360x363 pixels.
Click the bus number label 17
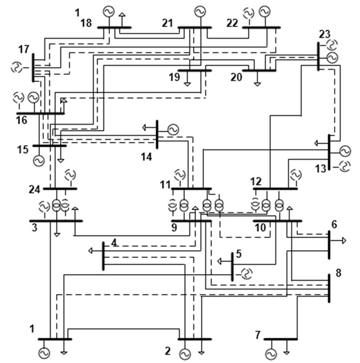click(24, 49)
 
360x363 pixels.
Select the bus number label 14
click(147, 157)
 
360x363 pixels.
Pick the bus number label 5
click(238, 253)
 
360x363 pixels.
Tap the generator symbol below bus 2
click(185, 355)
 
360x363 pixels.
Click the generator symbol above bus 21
click(200, 10)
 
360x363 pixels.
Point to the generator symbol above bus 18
click(108, 11)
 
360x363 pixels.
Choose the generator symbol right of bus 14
click(173, 130)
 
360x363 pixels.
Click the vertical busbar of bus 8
click(329, 288)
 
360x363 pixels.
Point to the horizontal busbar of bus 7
click(280, 339)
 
